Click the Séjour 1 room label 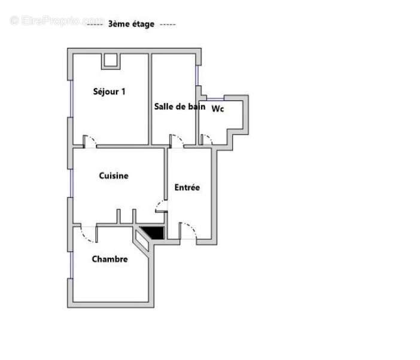click(109, 91)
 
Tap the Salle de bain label click(179, 106)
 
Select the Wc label click(218, 109)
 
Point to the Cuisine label click(114, 176)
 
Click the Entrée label click(187, 187)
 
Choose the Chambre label click(109, 259)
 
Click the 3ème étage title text click(131, 24)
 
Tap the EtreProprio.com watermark click(57, 20)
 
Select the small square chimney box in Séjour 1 click(111, 60)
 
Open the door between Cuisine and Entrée click(162, 206)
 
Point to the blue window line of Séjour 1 click(70, 99)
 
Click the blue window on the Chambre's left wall click(70, 263)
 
